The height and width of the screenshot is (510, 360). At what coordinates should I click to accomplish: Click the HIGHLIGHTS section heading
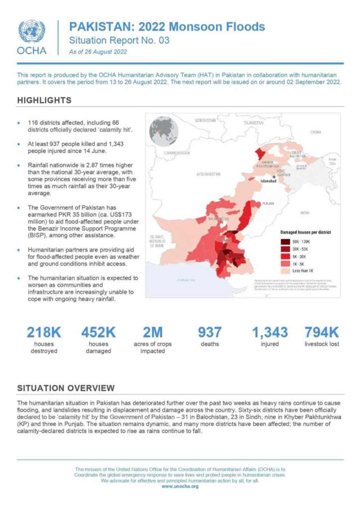pyautogui.click(x=44, y=100)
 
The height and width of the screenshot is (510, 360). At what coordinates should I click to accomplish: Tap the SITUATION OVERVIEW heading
pyautogui.click(x=66, y=387)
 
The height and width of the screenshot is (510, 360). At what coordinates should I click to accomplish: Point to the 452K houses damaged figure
pyautogui.click(x=98, y=332)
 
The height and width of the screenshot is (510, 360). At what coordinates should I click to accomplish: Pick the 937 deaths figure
pyautogui.click(x=210, y=332)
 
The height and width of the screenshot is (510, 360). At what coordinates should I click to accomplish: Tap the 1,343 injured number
pyautogui.click(x=269, y=332)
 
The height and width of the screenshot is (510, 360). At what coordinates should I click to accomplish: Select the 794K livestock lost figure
pyautogui.click(x=322, y=332)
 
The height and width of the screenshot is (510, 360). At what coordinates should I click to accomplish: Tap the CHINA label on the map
pyautogui.click(x=316, y=132)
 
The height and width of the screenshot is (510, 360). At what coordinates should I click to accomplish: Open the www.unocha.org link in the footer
pyautogui.click(x=180, y=486)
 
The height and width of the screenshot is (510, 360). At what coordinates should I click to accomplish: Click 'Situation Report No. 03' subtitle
pyautogui.click(x=112, y=40)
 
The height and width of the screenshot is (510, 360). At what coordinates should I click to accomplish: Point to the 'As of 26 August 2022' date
pyautogui.click(x=98, y=51)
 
